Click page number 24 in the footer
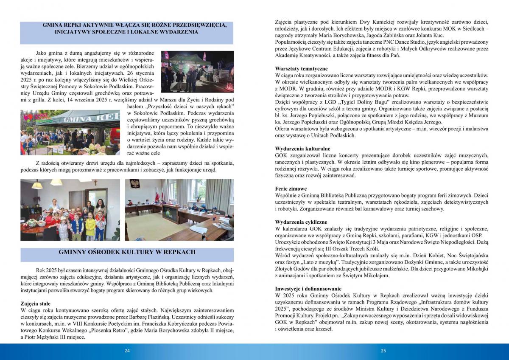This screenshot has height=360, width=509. [x=127, y=351]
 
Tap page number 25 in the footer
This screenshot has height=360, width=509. [x=383, y=351]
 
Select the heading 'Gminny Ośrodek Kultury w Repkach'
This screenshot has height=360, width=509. [x=127, y=252]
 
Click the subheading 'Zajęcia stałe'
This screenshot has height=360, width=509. [x=35, y=304]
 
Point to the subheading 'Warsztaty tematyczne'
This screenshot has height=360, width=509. [x=301, y=68]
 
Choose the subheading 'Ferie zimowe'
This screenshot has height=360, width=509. [x=291, y=188]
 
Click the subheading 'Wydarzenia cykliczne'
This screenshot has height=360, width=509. [x=301, y=222]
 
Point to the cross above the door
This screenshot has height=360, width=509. [x=95, y=184]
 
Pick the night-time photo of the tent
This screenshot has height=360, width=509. [x=197, y=72]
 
